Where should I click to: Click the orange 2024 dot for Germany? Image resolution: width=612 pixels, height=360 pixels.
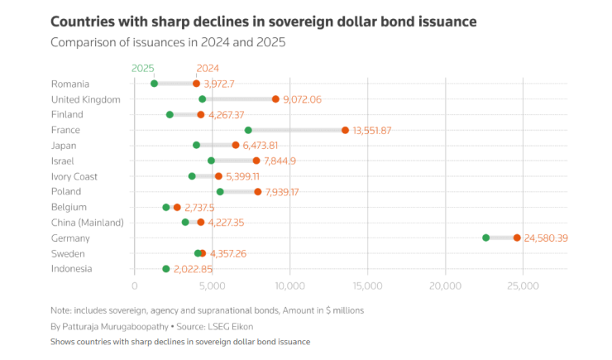pyautogui.click(x=517, y=238)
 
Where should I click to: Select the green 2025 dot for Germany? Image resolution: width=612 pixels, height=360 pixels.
pyautogui.click(x=485, y=238)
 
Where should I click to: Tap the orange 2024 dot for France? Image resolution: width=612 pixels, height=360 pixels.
pyautogui.click(x=345, y=130)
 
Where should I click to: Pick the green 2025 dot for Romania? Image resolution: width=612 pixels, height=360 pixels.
pyautogui.click(x=154, y=84)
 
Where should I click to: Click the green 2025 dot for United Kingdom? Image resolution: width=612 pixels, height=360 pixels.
pyautogui.click(x=203, y=99)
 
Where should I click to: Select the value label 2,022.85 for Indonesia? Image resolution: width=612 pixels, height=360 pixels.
pyautogui.click(x=194, y=269)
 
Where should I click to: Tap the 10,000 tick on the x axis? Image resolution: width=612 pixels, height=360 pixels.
pyautogui.click(x=289, y=286)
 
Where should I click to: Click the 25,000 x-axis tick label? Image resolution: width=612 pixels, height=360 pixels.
pyautogui.click(x=523, y=286)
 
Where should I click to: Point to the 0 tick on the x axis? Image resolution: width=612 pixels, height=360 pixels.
pyautogui.click(x=135, y=286)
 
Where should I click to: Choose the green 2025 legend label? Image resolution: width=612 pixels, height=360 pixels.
pyautogui.click(x=143, y=68)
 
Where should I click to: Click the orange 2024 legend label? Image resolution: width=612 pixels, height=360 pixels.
pyautogui.click(x=208, y=68)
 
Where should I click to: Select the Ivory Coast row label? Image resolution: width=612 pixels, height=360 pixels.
pyautogui.click(x=74, y=176)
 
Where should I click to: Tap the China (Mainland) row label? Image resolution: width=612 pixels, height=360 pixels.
pyautogui.click(x=87, y=223)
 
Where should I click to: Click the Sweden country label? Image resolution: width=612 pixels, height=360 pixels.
pyautogui.click(x=68, y=253)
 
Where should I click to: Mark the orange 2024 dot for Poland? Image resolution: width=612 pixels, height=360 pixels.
pyautogui.click(x=258, y=192)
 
